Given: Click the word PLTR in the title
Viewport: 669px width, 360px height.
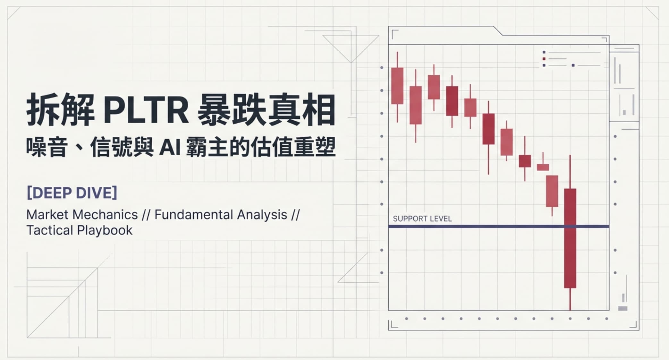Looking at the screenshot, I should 146,110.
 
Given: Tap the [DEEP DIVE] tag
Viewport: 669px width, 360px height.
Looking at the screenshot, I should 72,193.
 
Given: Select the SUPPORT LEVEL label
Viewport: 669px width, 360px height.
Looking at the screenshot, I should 422,219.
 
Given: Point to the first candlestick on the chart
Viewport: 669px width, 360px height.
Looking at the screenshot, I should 397,86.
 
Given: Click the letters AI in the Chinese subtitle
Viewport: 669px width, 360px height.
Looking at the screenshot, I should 170,147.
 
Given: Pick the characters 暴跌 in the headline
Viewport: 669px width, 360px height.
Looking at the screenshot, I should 231,110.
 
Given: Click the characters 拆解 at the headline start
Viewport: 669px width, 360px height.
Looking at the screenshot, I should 60,110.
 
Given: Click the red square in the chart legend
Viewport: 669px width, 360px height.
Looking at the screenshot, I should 544,59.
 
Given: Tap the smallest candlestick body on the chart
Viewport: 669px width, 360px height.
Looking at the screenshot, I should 543,167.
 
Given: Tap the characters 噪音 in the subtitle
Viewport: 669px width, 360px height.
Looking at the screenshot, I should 47,147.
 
